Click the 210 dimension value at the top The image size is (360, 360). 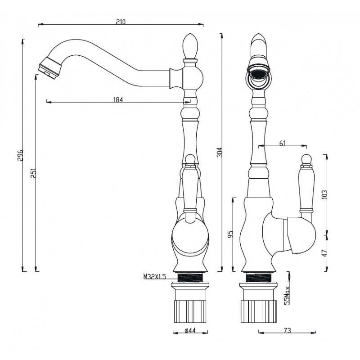[121, 21]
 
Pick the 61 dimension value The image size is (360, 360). [283, 143]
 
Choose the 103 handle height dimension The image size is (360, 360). [325, 193]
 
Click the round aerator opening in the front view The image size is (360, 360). [258, 74]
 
